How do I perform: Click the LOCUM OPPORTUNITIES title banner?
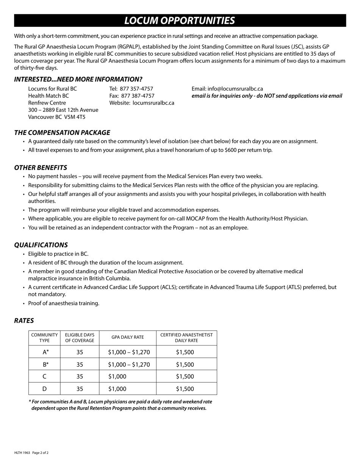180,20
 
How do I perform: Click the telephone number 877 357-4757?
136,89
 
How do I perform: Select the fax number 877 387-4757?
138,96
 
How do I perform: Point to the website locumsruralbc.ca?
153,103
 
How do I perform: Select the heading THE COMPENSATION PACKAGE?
62,133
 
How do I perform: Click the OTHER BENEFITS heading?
41,167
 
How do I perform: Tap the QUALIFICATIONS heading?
41,245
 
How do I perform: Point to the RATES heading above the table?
24,321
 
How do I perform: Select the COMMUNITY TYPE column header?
44,338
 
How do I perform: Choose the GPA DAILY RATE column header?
128,338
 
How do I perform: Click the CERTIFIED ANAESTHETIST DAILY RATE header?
186,338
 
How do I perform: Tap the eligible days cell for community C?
80,377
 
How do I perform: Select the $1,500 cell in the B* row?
185,364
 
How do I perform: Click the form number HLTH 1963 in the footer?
22,453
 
